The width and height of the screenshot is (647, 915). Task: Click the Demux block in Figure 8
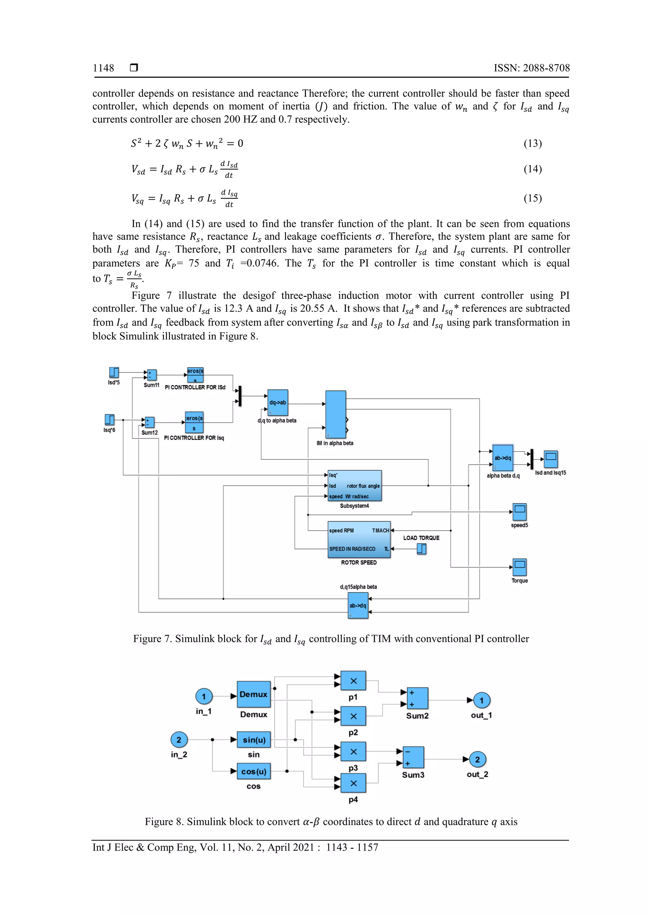click(254, 695)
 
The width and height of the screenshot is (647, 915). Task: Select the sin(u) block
click(254, 740)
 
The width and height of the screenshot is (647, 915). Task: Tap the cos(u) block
click(254, 772)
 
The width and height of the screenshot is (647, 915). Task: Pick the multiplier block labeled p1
click(353, 681)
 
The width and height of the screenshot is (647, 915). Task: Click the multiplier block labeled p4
click(353, 783)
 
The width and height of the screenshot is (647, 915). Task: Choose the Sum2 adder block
click(417, 698)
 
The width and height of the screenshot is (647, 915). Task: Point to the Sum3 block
click(413, 757)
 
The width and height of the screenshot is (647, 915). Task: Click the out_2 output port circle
click(477, 760)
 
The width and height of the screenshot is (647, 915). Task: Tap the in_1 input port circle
click(204, 696)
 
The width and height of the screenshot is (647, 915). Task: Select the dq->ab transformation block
click(277, 402)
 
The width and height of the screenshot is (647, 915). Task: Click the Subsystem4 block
click(354, 486)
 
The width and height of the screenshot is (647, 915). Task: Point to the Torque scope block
click(519, 567)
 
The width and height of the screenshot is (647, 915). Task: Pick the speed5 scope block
click(519, 512)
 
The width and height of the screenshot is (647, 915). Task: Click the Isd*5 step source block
click(114, 372)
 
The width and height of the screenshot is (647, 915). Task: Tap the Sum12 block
click(149, 422)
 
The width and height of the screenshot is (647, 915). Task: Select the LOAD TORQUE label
click(421, 538)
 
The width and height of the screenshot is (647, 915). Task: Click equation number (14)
click(533, 169)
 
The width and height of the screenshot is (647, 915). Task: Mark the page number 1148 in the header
click(103, 68)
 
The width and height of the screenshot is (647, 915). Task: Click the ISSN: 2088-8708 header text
click(531, 68)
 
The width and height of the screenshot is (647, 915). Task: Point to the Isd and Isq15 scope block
click(551, 459)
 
